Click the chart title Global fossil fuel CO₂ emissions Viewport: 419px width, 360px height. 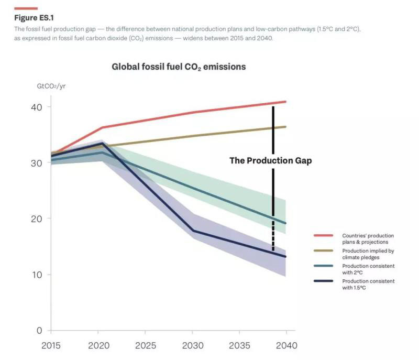tap(179, 67)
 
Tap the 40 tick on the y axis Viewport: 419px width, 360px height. tap(35, 107)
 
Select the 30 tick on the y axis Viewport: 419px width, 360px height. tap(35, 163)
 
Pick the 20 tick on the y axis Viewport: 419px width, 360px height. tap(35, 219)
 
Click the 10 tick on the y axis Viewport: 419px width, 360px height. tap(35, 275)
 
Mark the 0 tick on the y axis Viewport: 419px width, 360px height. tap(38, 330)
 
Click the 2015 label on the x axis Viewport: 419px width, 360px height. tap(51, 346)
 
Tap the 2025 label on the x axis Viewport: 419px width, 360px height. tap(145, 346)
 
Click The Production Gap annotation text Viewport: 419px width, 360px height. tap(270, 161)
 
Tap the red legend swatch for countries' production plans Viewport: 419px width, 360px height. tap(323, 236)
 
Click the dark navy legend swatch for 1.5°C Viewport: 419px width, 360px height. tap(323, 281)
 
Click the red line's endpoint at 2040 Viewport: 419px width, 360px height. tap(285, 102)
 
